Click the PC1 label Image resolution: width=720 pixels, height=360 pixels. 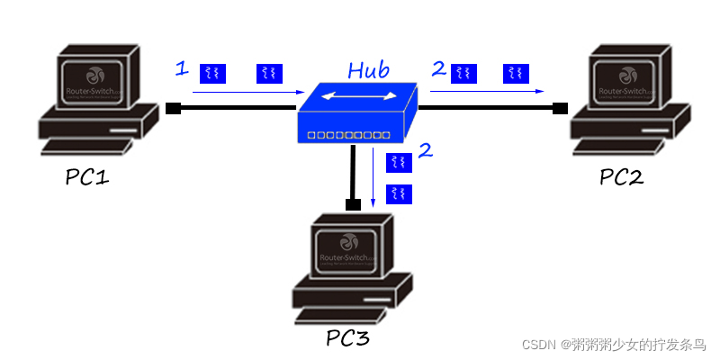click(86, 176)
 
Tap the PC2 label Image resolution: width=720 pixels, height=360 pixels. click(621, 176)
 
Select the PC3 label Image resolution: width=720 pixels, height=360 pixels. click(347, 338)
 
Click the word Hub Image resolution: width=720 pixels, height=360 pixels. click(370, 69)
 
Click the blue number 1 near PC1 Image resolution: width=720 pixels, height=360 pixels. click(181, 68)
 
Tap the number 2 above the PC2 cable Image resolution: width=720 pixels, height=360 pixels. click(438, 68)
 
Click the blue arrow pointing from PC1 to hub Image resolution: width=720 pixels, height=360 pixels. click(248, 92)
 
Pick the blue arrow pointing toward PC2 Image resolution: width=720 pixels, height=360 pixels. click(486, 91)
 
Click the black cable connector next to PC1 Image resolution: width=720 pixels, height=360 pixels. click(174, 109)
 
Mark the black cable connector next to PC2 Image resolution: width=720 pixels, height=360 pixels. click(560, 109)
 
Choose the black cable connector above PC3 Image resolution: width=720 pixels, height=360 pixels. click(354, 204)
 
